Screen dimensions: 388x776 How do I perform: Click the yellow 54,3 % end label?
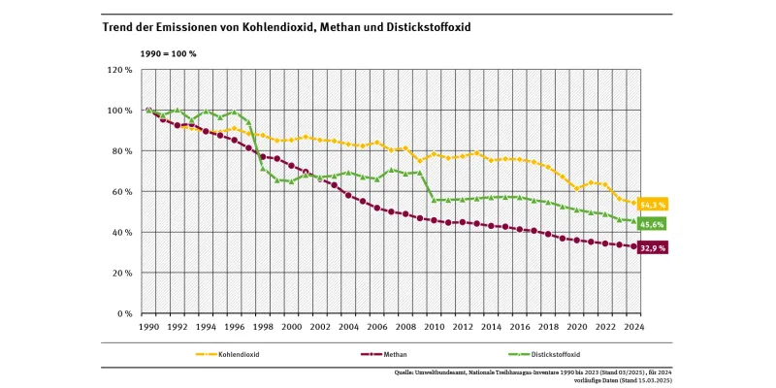(654, 205)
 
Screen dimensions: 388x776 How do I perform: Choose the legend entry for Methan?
(396, 355)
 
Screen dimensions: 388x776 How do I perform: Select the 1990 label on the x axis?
(148, 328)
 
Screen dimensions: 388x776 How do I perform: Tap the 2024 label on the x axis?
(634, 328)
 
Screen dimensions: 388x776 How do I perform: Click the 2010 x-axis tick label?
(434, 328)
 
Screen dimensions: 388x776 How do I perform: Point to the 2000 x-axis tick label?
(291, 328)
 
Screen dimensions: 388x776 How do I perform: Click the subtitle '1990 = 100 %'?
(169, 53)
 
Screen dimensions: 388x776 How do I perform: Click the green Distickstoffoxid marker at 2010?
(434, 200)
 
